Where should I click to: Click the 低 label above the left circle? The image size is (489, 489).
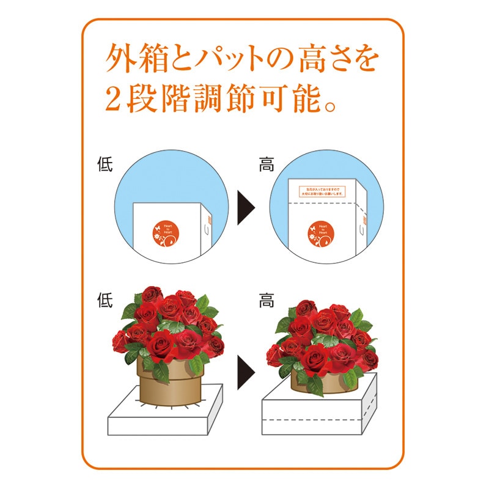point(105,165)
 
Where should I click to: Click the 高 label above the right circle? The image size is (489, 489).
point(267,165)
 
